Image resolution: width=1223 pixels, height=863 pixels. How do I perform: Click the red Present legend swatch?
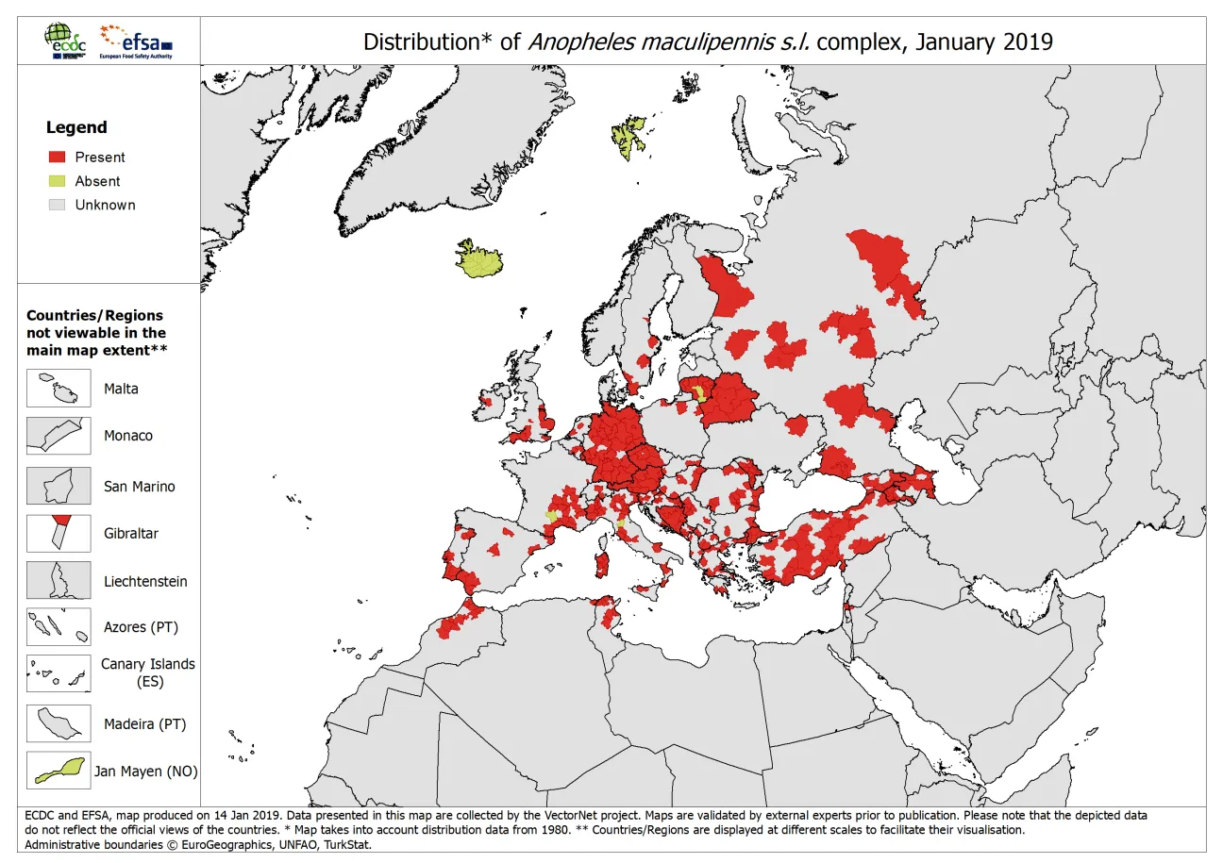coord(58,158)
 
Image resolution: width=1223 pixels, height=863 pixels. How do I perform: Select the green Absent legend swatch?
coord(58,181)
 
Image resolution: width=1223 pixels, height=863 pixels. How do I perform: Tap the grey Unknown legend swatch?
coord(58,205)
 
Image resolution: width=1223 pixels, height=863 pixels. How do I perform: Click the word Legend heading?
coord(76,127)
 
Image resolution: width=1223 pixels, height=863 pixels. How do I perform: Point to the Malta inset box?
coord(59,389)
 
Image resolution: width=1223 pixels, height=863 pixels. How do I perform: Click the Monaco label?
coord(128,436)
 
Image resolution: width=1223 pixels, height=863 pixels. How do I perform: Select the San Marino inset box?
coord(59,486)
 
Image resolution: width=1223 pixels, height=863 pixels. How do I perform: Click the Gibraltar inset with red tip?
coord(59,533)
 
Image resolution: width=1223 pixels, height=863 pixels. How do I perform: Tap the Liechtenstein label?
coord(145,581)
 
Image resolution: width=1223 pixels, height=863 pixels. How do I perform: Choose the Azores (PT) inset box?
coord(59,626)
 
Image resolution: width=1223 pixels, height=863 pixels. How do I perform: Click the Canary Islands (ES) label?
coord(148,672)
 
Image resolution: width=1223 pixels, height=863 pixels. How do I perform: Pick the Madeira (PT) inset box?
coord(59,724)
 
